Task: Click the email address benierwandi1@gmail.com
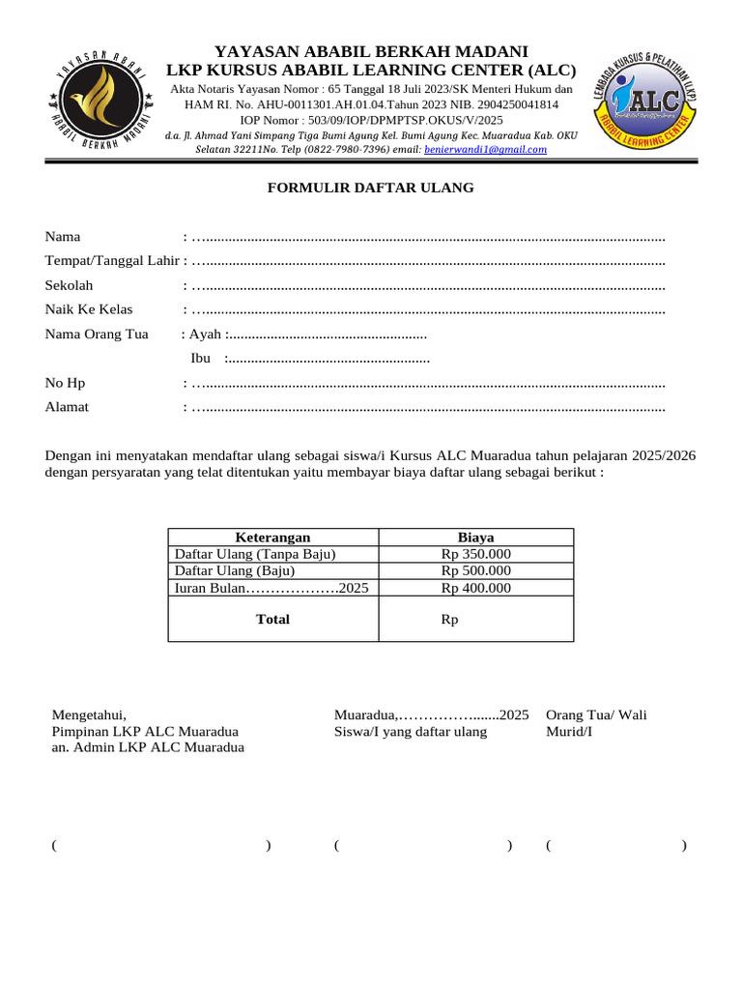[485, 150]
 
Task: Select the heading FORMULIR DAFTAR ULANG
[371, 188]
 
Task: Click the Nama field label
[63, 237]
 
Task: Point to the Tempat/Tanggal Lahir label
[112, 261]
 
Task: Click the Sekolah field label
[69, 285]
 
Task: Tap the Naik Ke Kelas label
[89, 309]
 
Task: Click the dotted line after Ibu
[328, 359]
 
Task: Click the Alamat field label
[67, 407]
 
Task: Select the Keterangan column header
[272, 538]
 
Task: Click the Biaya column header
[475, 538]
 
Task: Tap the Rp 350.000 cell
[475, 554]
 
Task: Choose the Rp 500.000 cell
[475, 570]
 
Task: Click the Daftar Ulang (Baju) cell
[234, 570]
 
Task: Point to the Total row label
[272, 619]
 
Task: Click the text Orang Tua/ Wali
[596, 715]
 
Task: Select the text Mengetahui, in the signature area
[89, 715]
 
